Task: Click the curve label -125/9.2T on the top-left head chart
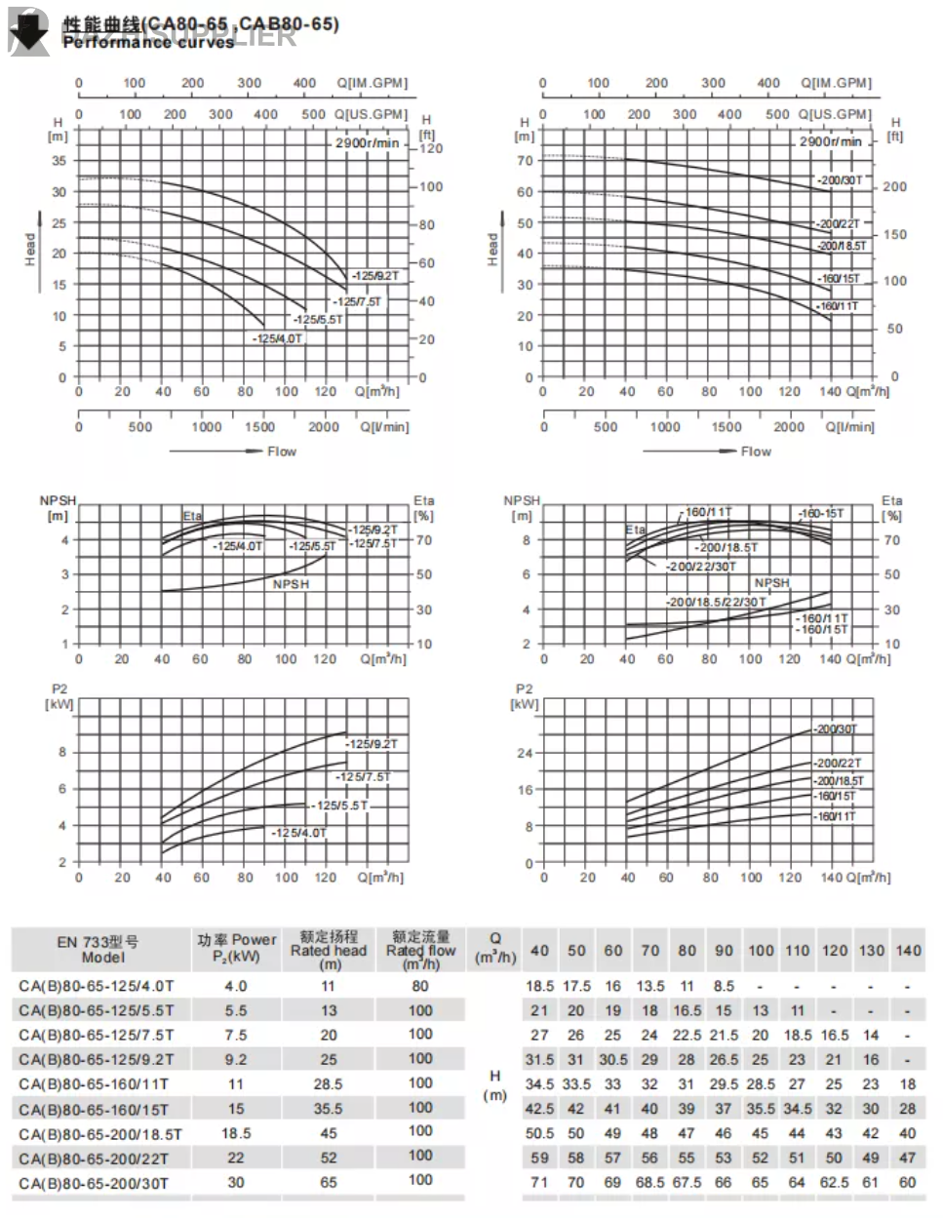375,276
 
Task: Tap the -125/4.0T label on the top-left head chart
278,338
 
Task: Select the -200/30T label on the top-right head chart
840,180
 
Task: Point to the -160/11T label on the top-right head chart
839,306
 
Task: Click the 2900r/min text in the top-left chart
368,142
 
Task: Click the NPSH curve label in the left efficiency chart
291,584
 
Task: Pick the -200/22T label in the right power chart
838,764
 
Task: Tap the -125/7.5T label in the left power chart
362,777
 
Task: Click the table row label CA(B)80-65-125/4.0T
96,986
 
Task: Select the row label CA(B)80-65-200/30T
94,1183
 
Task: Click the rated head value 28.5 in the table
329,1083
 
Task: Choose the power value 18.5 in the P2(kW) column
236,1133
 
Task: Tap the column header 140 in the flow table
908,950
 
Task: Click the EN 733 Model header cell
98,949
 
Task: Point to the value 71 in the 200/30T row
538,1182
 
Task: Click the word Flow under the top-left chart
282,452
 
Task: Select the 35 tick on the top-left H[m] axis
59,161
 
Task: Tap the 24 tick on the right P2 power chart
526,753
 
